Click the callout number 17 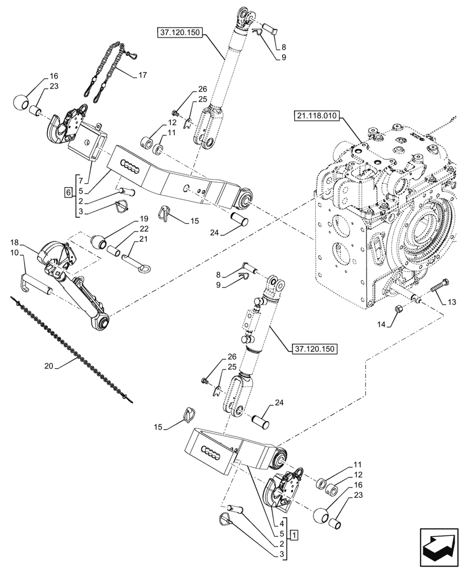click(x=142, y=75)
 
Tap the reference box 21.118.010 click(x=316, y=117)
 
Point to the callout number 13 click(x=451, y=301)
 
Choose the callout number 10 click(x=14, y=251)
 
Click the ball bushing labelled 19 click(x=99, y=244)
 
